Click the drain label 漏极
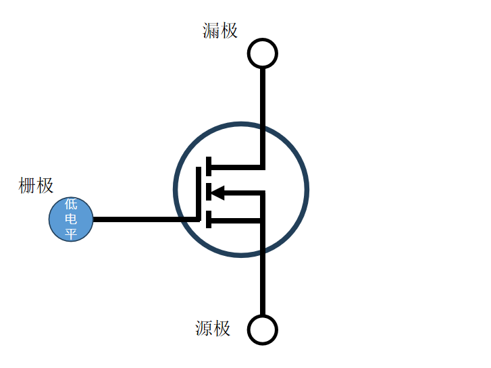point(220,30)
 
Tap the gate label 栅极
point(36,186)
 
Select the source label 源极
point(213,328)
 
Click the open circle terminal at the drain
point(262,53)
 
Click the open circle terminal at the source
point(262,330)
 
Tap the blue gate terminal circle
point(71,219)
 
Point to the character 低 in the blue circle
point(71,205)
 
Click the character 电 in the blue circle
point(71,219)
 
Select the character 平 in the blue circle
point(71,234)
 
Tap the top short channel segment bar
point(209,166)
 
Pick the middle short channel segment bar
point(209,192)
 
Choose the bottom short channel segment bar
point(209,219)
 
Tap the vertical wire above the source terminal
point(263,284)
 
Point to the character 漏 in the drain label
point(211,30)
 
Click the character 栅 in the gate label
point(27,186)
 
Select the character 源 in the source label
point(204,328)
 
